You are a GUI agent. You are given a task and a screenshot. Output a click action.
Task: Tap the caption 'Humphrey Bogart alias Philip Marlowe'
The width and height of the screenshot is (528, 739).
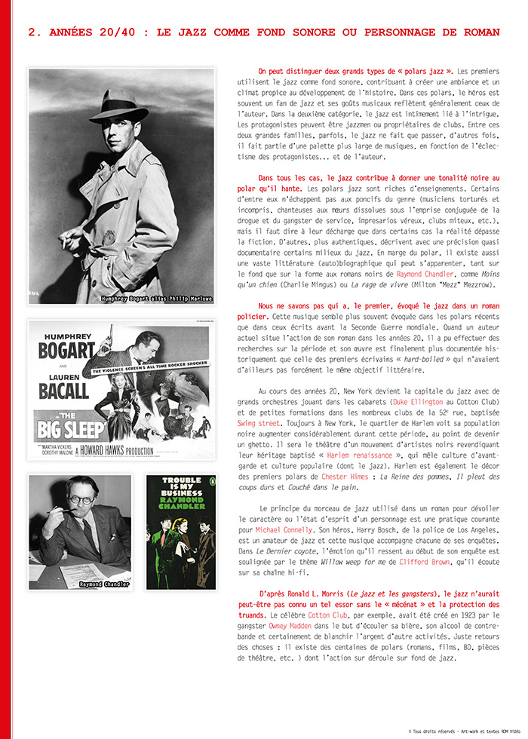tap(156, 299)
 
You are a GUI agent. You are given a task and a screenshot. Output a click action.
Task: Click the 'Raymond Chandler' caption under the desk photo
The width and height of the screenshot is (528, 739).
tap(105, 584)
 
